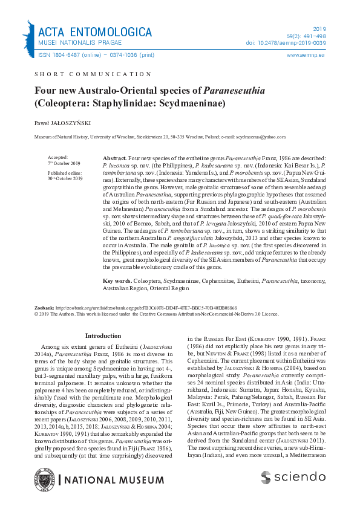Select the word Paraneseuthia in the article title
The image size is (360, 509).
[232, 91]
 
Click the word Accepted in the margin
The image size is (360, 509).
[57, 157]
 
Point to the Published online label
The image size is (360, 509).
[63, 173]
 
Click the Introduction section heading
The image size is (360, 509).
[103, 336]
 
